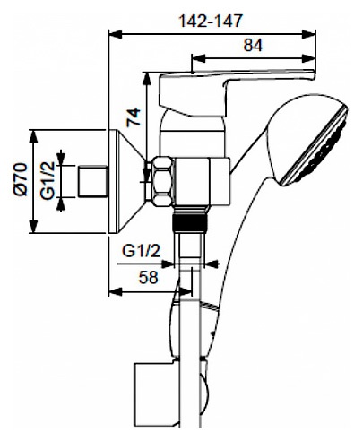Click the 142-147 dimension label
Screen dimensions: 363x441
(x=210, y=21)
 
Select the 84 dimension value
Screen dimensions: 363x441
(x=253, y=45)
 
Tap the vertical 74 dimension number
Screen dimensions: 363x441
(x=134, y=117)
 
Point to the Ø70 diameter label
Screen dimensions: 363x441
(x=21, y=179)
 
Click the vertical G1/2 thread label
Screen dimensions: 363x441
(x=48, y=180)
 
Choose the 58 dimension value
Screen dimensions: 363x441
(x=149, y=278)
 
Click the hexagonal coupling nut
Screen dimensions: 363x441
(x=163, y=181)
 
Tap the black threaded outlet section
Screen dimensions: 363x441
(x=190, y=222)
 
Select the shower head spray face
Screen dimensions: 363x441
(x=314, y=147)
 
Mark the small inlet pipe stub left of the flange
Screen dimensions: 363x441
(x=93, y=181)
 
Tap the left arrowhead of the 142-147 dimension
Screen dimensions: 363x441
(x=116, y=34)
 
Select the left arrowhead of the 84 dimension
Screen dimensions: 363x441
(x=198, y=58)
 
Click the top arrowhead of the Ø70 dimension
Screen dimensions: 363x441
(x=34, y=137)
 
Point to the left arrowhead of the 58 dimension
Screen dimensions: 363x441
(x=116, y=292)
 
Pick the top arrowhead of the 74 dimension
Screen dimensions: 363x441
(x=147, y=79)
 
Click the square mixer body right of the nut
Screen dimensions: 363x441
(x=203, y=182)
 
